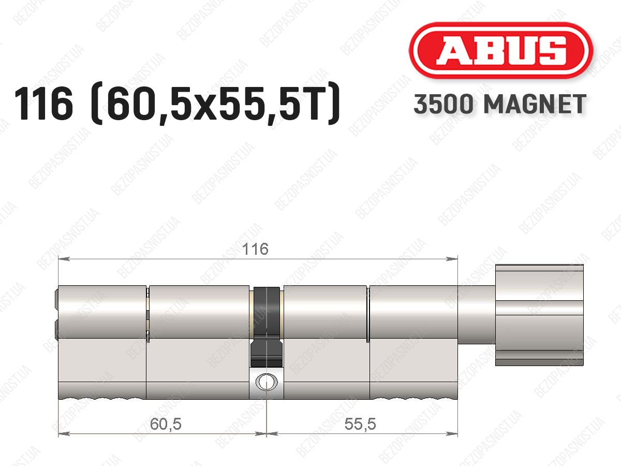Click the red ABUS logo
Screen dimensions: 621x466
click(x=501, y=50)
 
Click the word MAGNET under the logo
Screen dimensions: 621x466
click(x=535, y=104)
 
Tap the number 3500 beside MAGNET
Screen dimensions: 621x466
click(x=443, y=104)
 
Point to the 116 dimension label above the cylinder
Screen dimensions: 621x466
click(x=255, y=249)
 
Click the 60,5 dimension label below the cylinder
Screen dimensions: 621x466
click(x=166, y=424)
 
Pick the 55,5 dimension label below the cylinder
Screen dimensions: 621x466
click(x=360, y=424)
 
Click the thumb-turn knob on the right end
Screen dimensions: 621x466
click(x=539, y=315)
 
